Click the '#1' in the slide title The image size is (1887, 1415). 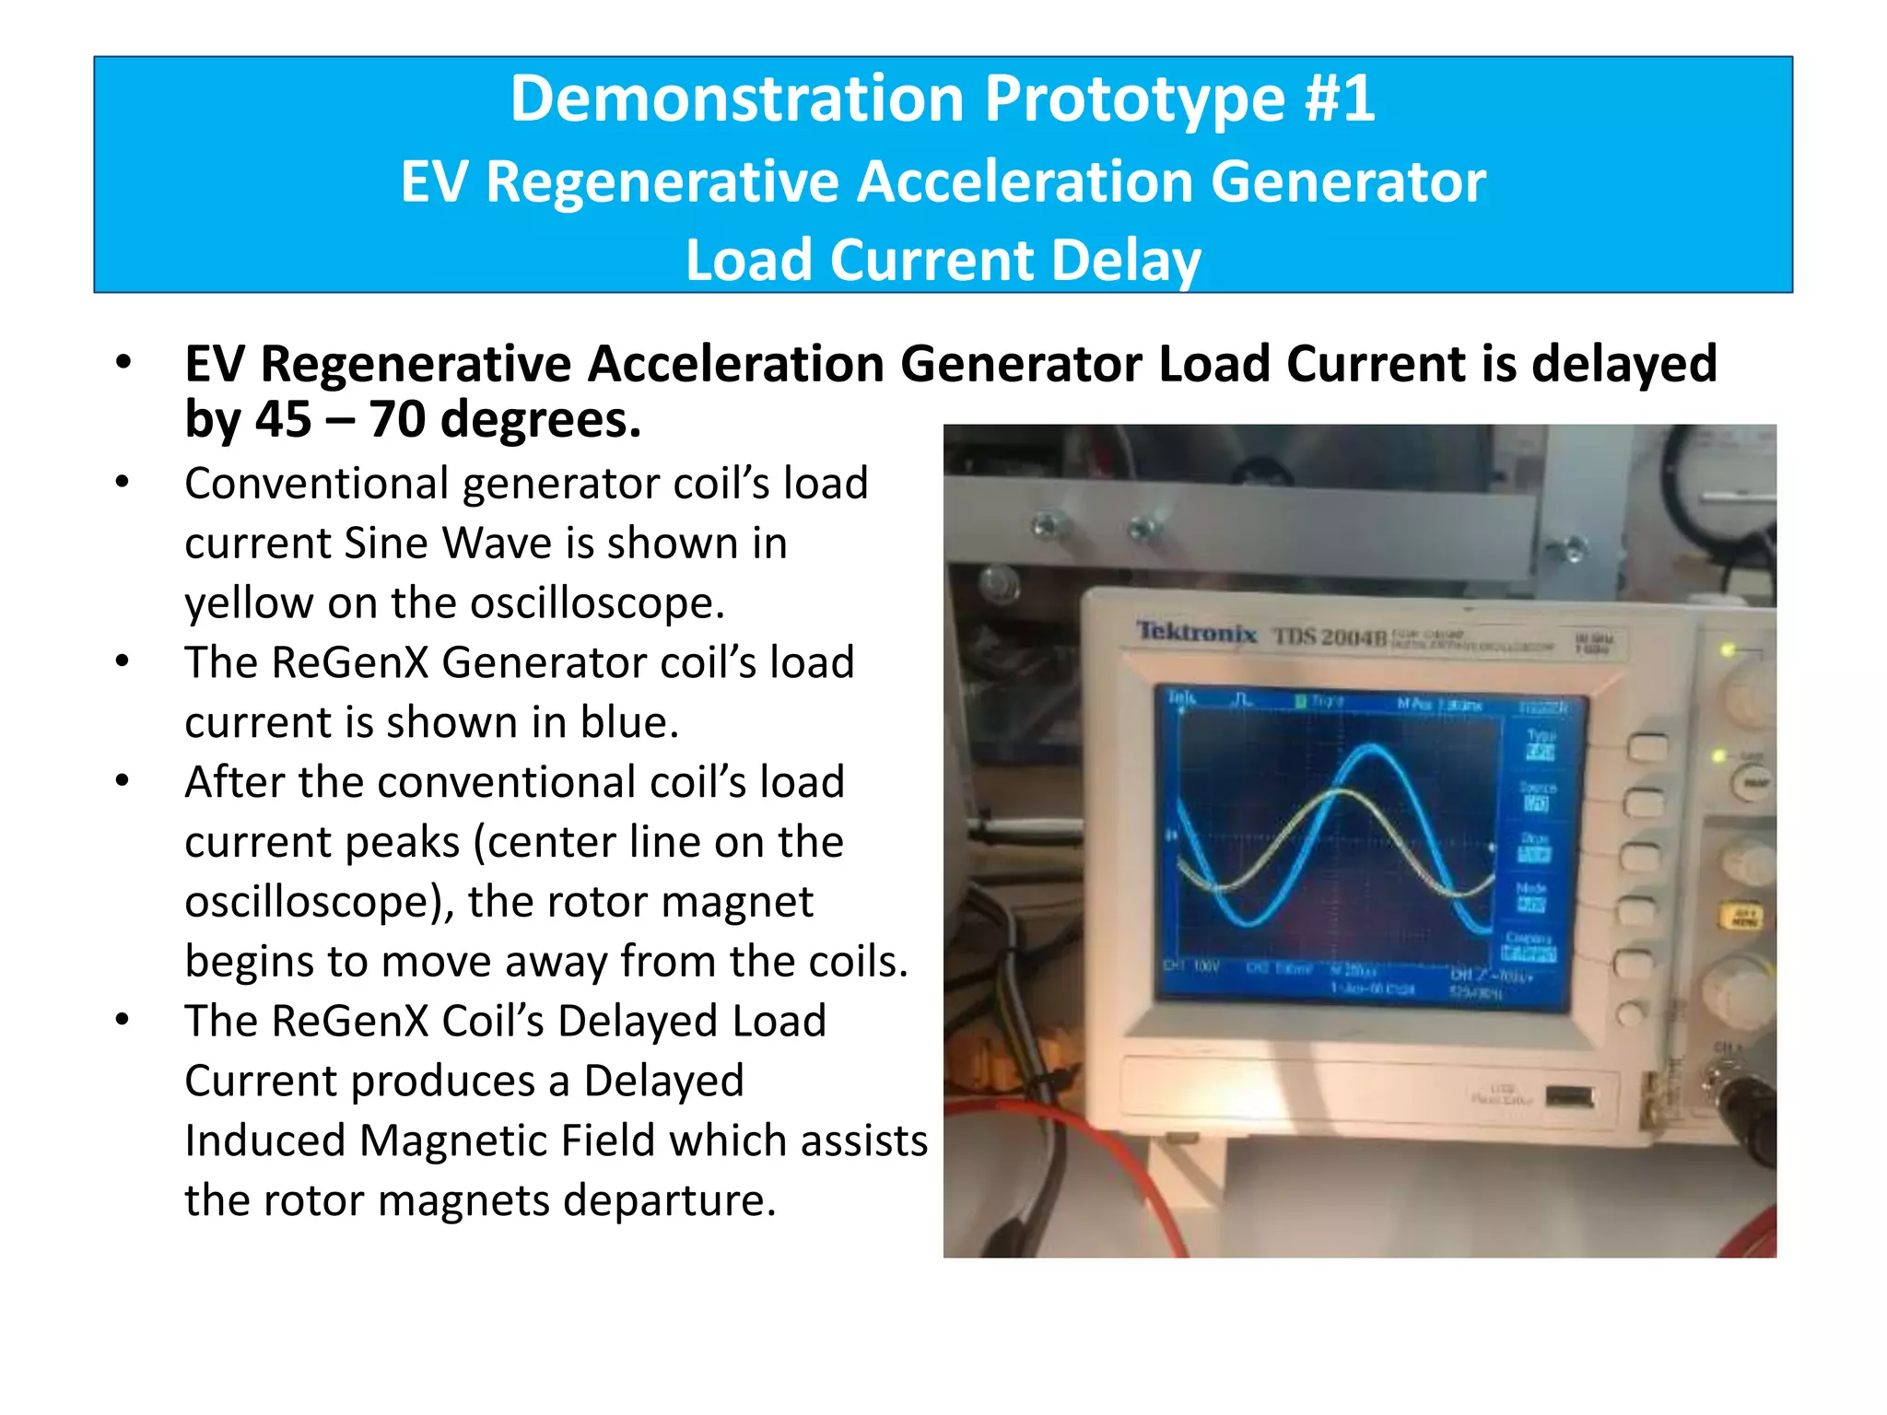click(1340, 99)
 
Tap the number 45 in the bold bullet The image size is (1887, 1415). click(283, 419)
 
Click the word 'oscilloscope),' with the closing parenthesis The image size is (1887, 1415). click(319, 902)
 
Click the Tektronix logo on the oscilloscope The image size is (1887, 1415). click(1196, 632)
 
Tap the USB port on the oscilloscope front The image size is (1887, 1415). click(1570, 1096)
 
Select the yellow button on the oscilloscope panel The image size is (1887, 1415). click(1744, 917)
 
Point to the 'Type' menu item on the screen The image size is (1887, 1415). click(1540, 735)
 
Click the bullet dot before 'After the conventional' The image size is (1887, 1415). click(123, 781)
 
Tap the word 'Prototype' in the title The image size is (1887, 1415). click(1134, 99)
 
